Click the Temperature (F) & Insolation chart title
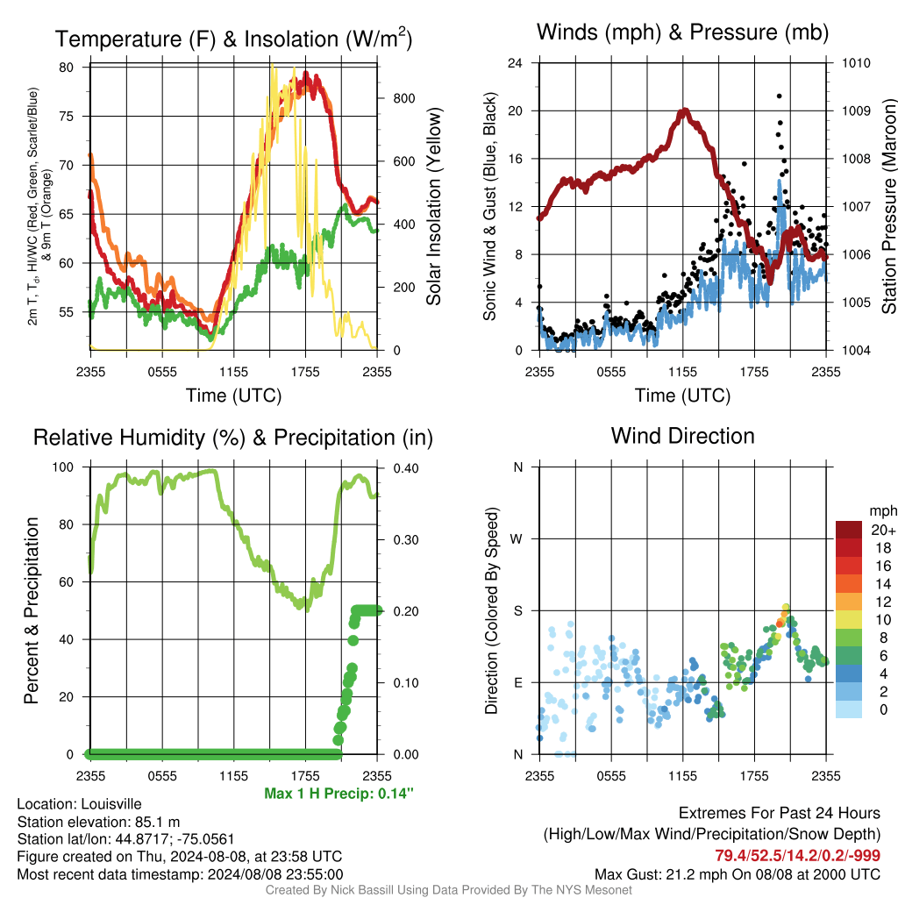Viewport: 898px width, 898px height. click(233, 39)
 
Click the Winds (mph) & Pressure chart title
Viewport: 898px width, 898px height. click(682, 32)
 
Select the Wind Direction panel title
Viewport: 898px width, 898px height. click(682, 436)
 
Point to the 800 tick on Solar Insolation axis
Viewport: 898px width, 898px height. click(403, 98)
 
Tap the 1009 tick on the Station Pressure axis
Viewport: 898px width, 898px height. click(856, 110)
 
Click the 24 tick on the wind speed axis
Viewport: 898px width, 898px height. click(515, 63)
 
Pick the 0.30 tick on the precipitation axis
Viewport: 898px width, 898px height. click(405, 540)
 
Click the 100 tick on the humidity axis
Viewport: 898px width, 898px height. click(63, 467)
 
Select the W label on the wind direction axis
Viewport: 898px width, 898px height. click(517, 539)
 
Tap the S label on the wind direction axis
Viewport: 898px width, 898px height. click(517, 611)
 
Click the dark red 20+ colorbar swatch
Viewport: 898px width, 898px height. click(849, 530)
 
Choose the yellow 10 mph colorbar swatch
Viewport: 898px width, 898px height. click(849, 620)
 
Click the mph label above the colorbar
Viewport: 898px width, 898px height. click(883, 511)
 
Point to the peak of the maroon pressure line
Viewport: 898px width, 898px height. click(684, 110)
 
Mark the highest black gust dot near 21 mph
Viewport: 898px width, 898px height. click(779, 96)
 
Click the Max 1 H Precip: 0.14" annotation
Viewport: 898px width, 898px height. click(339, 793)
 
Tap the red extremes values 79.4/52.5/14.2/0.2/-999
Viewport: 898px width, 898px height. click(797, 855)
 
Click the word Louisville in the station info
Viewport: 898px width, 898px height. click(111, 803)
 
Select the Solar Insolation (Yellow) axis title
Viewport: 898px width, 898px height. click(434, 206)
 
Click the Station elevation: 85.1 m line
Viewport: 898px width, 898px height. click(98, 822)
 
